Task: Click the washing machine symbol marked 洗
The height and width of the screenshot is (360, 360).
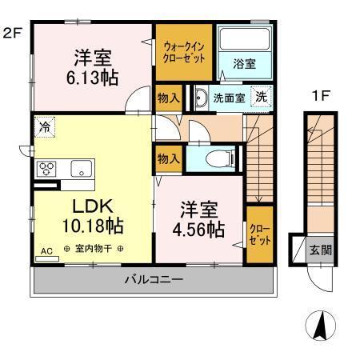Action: click(x=261, y=97)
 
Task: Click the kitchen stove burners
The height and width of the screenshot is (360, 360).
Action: click(x=46, y=169)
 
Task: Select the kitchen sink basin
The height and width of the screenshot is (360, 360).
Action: click(x=80, y=169)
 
